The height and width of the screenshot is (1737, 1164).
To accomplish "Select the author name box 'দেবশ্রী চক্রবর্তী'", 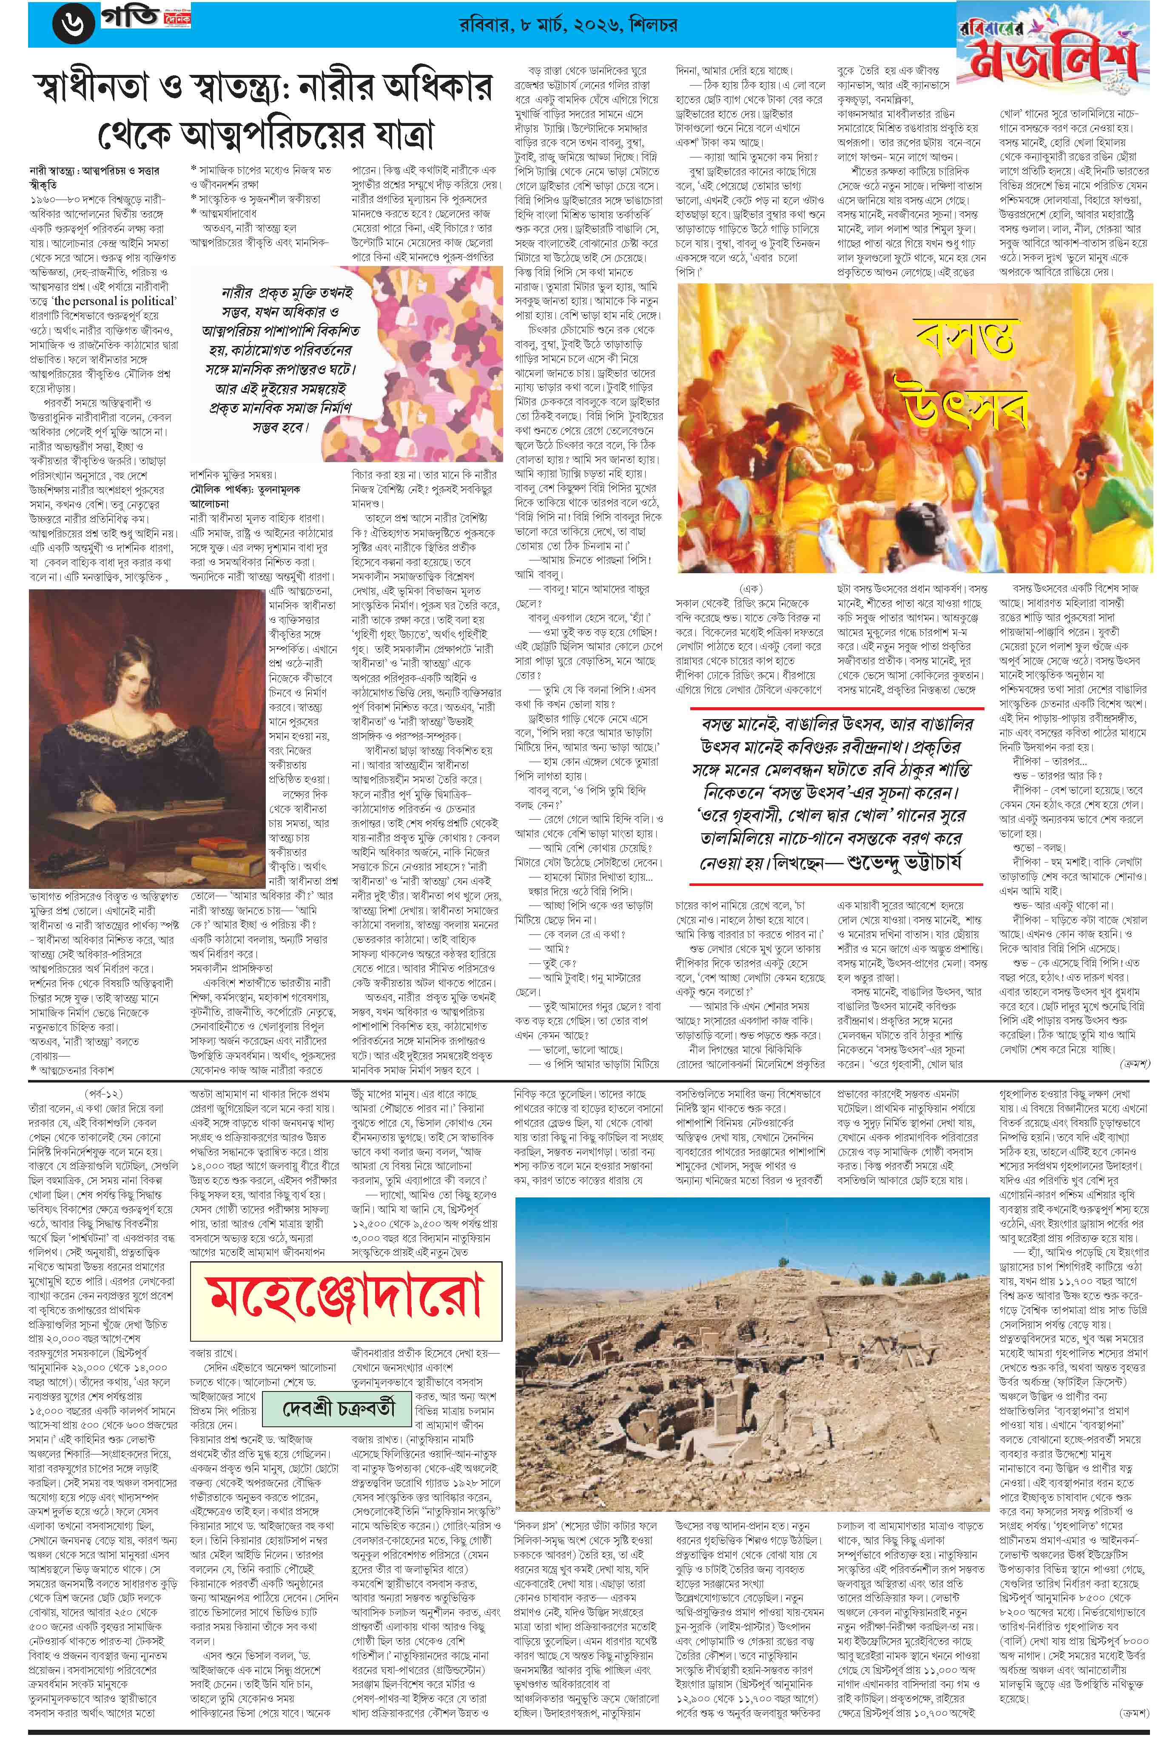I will coord(339,1406).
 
